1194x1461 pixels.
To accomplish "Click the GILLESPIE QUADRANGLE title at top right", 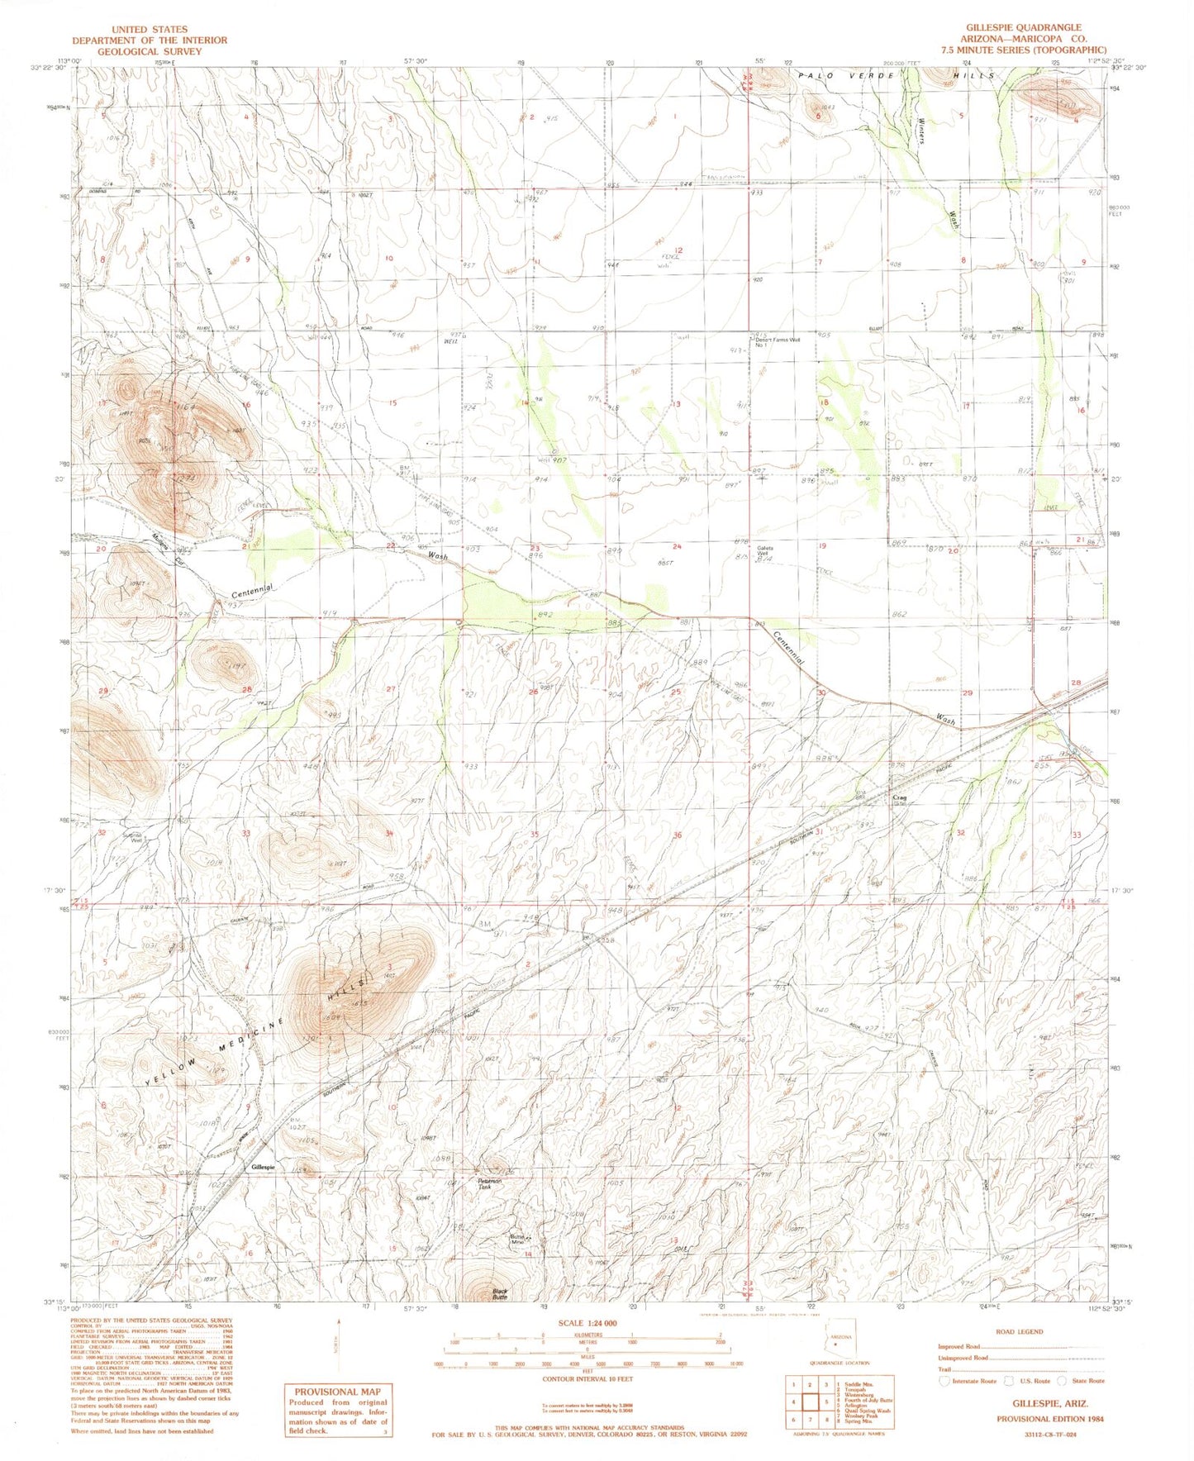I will pos(1023,28).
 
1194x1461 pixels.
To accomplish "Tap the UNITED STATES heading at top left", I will pos(149,29).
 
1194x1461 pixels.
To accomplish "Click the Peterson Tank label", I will pos(489,1183).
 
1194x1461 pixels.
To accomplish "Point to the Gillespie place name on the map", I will pos(264,1167).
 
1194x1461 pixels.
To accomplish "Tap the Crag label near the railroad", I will pos(901,798).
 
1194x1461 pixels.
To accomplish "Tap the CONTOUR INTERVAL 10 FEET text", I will pos(587,1379).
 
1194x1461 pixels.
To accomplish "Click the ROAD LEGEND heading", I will pos(1020,1331).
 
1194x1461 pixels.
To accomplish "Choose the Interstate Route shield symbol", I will pos(944,1381).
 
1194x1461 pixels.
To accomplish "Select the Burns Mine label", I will pos(518,1240).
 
